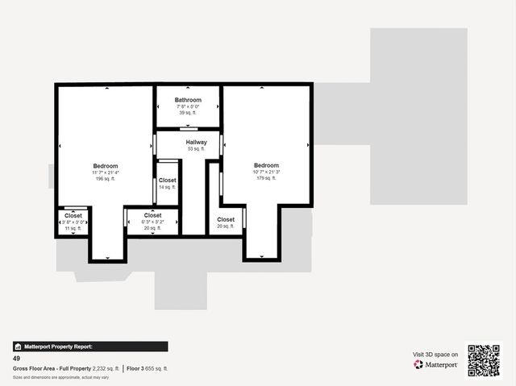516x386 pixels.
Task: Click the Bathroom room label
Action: tap(188, 100)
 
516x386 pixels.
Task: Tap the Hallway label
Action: tap(196, 142)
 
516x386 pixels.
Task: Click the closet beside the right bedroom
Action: tap(226, 219)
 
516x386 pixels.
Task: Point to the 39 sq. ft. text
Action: tap(188, 113)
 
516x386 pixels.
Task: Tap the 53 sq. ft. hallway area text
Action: tap(196, 149)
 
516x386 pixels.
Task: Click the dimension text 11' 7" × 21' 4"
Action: tap(106, 172)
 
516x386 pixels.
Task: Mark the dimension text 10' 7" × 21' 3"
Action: tap(266, 172)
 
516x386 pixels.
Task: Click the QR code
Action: tap(484, 360)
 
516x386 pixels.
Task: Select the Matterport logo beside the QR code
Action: tap(436, 365)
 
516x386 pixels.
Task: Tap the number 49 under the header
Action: tap(16, 358)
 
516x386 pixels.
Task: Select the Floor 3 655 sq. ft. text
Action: tap(148, 368)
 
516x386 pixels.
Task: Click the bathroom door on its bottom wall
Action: tap(189, 127)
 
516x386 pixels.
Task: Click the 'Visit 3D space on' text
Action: tap(436, 355)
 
